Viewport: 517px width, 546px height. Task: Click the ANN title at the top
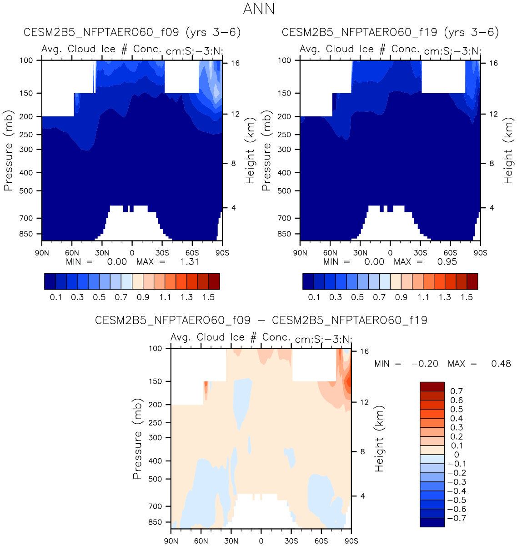(x=259, y=9)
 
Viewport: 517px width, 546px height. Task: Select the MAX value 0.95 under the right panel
(x=447, y=261)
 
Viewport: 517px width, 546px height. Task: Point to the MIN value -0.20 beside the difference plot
(x=425, y=364)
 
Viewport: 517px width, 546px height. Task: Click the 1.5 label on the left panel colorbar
(x=209, y=297)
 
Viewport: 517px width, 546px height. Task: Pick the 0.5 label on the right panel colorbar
(x=357, y=297)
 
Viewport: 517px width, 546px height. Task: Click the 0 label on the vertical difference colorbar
(x=457, y=455)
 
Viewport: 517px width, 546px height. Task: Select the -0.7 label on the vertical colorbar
(x=457, y=518)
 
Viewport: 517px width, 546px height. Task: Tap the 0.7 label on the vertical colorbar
(x=457, y=391)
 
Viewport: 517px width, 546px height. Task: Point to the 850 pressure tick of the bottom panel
(x=155, y=522)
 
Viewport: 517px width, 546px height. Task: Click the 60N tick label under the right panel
(x=330, y=253)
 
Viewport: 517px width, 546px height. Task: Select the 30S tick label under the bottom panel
(x=291, y=541)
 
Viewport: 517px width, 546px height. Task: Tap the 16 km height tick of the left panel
(x=235, y=63)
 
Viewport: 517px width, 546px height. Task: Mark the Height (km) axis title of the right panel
(x=508, y=150)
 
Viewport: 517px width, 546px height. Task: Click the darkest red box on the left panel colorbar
(x=214, y=281)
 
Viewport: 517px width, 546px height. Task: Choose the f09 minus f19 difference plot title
(x=261, y=321)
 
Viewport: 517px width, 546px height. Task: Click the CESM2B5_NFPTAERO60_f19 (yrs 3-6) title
(x=390, y=32)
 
